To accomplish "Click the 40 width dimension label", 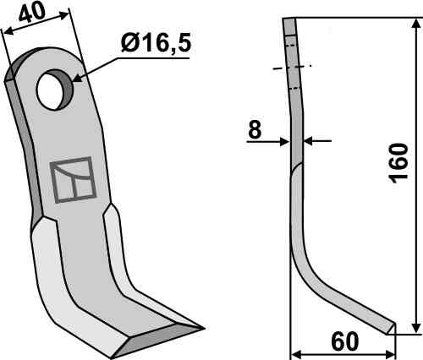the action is pyautogui.click(x=32, y=14).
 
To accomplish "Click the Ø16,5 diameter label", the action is pyautogui.click(x=156, y=43).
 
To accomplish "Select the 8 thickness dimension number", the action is pyautogui.click(x=255, y=129).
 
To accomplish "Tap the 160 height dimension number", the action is pyautogui.click(x=398, y=163).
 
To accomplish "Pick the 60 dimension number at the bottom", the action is pyautogui.click(x=345, y=341).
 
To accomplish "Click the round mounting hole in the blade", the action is pyautogui.click(x=55, y=90).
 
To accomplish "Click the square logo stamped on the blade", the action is pyautogui.click(x=73, y=180).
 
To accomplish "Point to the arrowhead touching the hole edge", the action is pyautogui.click(x=77, y=78).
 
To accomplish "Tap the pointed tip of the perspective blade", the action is pyautogui.click(x=203, y=328).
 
